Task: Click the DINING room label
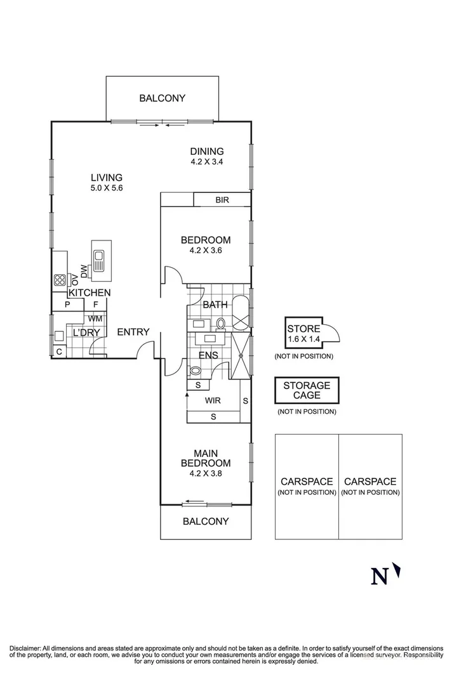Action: coord(207,152)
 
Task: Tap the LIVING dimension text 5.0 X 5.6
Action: coord(106,188)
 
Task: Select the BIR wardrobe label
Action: coord(222,200)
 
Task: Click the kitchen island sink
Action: coord(98,261)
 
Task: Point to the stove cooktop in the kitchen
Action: coord(60,280)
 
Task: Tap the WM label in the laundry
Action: coord(95,319)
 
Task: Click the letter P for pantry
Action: coord(67,305)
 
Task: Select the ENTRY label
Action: coord(133,332)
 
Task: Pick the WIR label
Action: coord(213,400)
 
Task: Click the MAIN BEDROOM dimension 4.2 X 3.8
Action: coord(206,473)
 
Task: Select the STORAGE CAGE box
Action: coord(307,390)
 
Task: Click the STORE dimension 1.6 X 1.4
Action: coord(304,339)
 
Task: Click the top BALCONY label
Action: coord(162,98)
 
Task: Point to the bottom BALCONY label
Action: coord(206,521)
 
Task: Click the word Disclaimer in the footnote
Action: coord(25,648)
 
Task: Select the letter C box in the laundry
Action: coord(59,352)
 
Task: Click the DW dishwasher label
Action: coord(84,272)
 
